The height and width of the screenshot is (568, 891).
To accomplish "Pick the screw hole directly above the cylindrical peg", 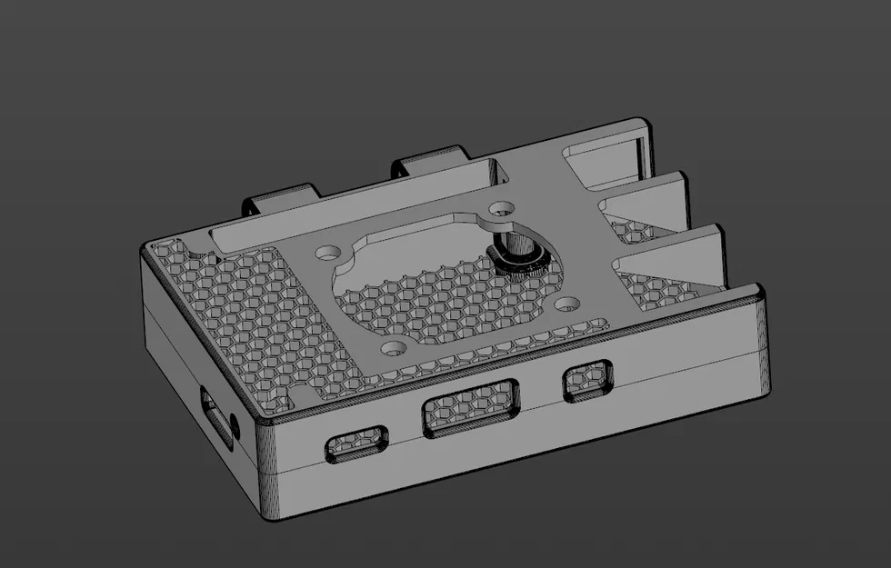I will click(x=500, y=208).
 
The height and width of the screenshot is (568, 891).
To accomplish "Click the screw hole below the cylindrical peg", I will click(x=566, y=303).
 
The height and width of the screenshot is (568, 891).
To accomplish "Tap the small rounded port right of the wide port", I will click(x=587, y=379).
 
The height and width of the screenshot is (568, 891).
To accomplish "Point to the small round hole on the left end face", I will click(x=235, y=423).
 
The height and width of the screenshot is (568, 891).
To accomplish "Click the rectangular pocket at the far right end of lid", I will click(x=604, y=157).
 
